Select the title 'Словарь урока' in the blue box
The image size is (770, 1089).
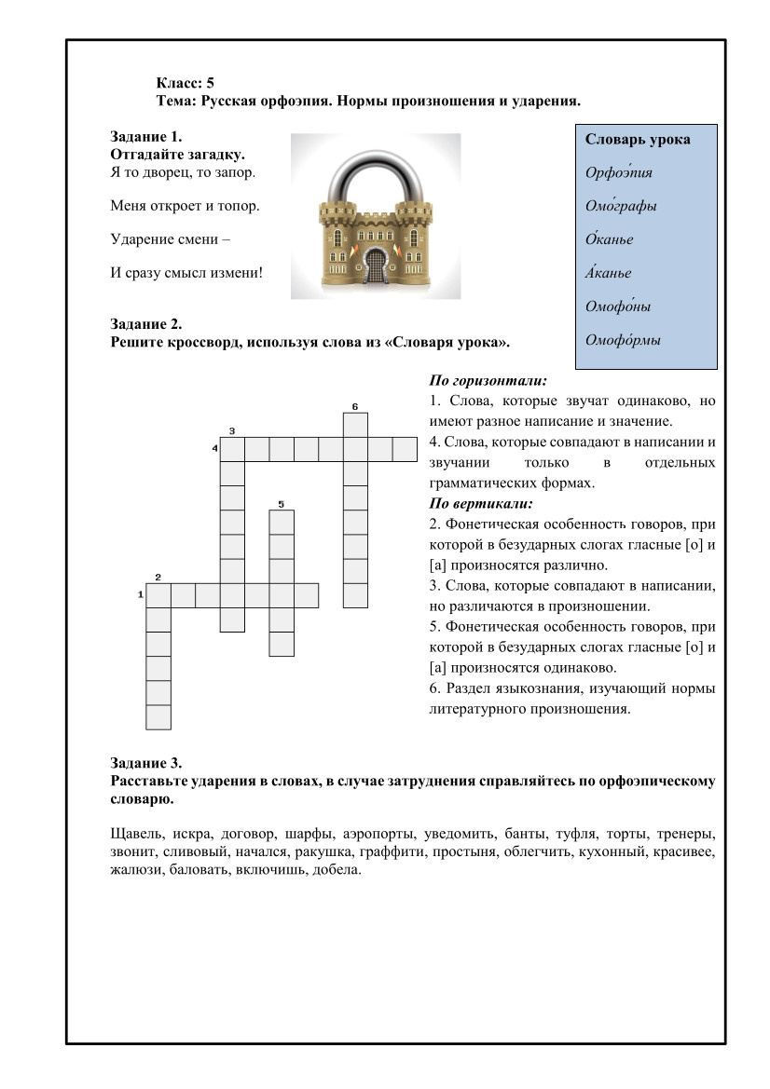click(x=638, y=140)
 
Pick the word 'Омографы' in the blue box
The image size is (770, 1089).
click(x=620, y=206)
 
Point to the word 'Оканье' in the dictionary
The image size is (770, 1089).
click(x=609, y=239)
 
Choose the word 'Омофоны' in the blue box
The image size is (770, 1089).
click(x=617, y=306)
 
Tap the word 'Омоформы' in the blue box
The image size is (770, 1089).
click(x=623, y=340)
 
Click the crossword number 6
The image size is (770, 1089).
click(x=355, y=406)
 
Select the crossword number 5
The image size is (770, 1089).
click(x=281, y=504)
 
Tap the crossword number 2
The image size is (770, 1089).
click(x=158, y=577)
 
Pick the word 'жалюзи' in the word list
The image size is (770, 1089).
click(x=132, y=871)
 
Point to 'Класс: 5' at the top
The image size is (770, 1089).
click(x=186, y=83)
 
